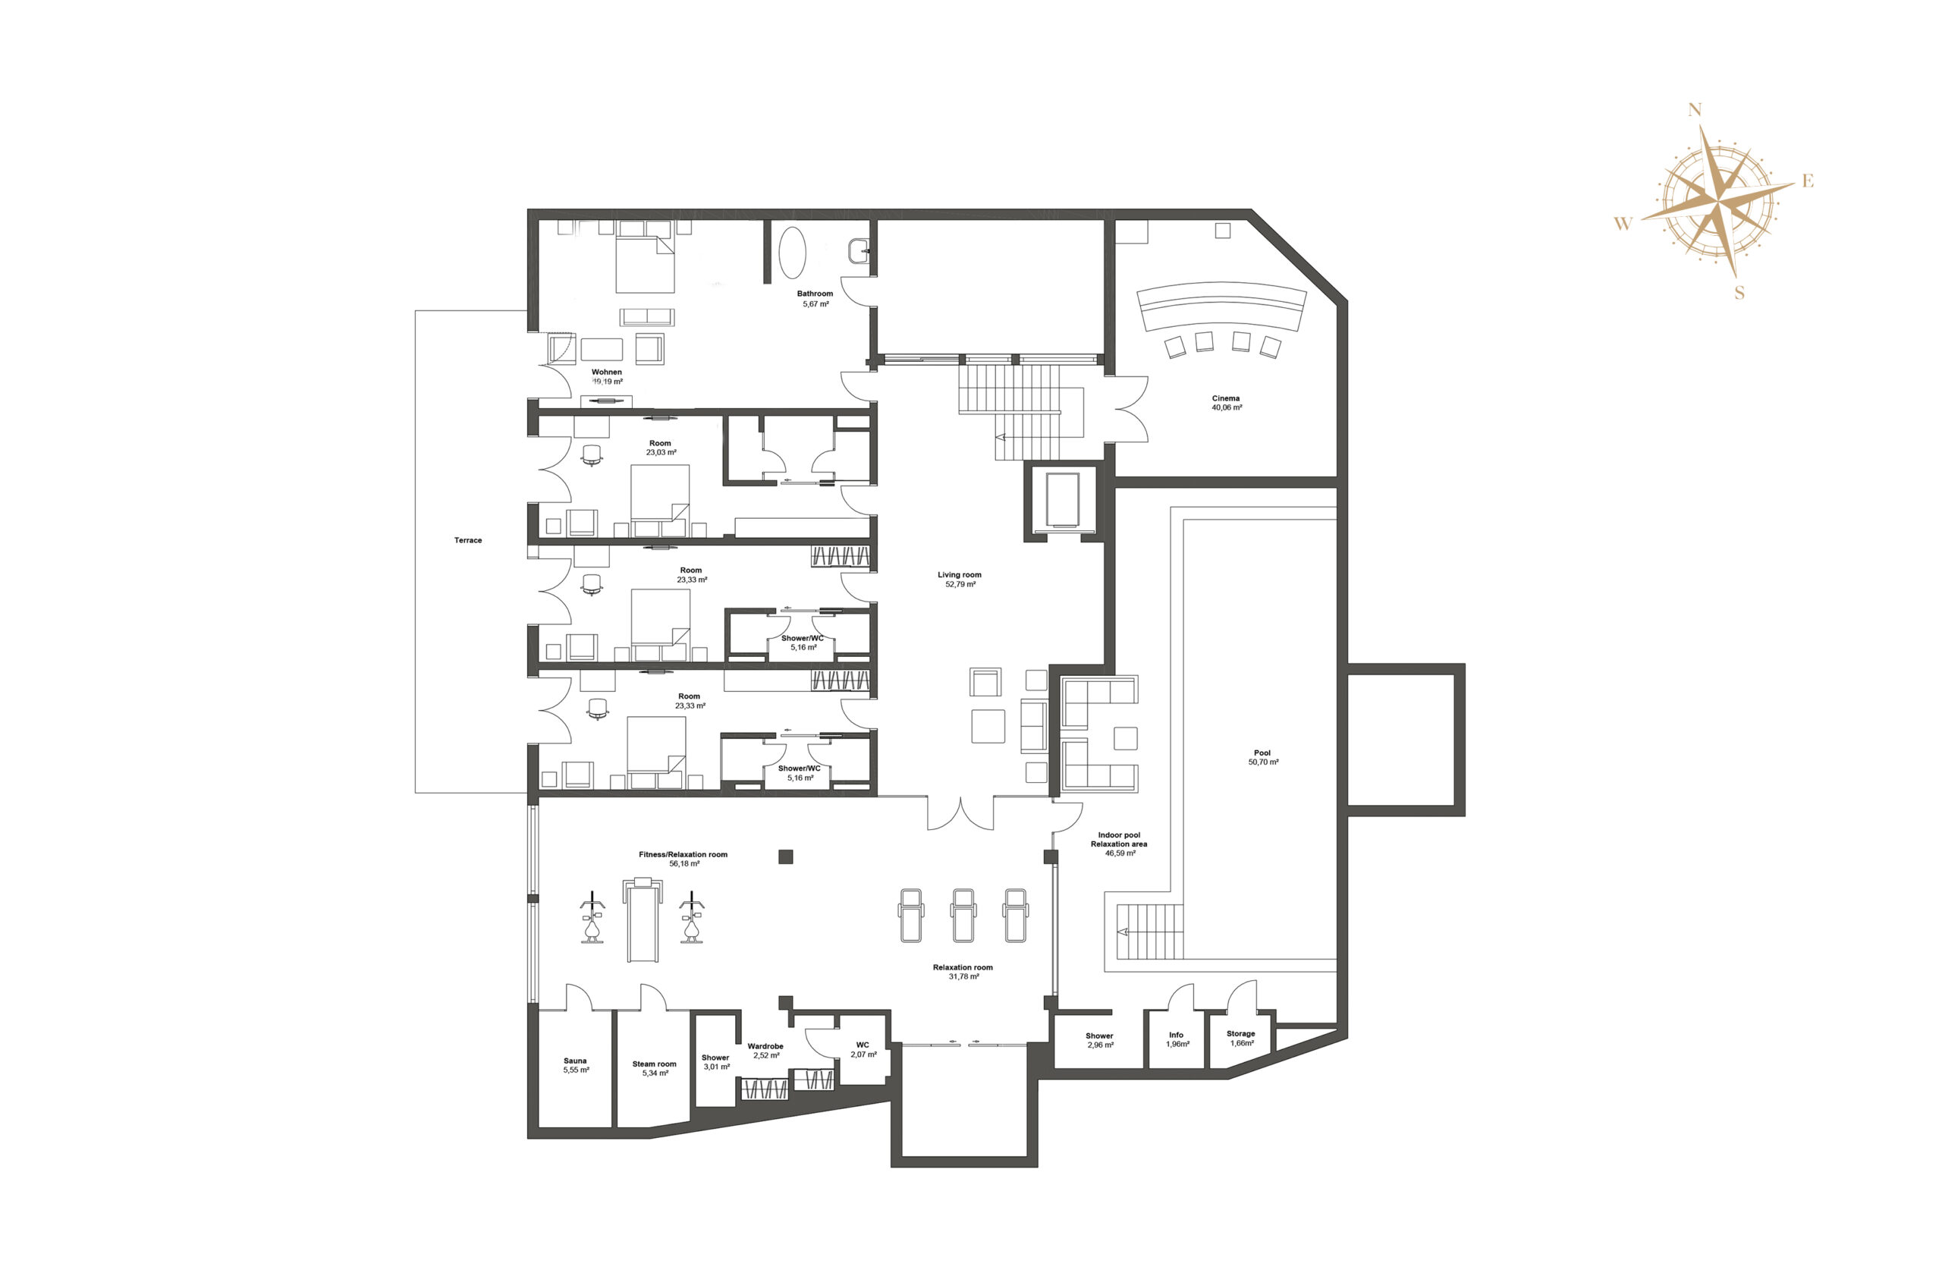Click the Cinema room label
click(1226, 398)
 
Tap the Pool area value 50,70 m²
click(1263, 762)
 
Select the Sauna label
click(575, 1061)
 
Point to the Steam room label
click(655, 1064)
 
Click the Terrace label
click(468, 540)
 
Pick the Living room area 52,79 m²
click(960, 584)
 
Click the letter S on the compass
click(1739, 293)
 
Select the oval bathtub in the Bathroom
click(791, 252)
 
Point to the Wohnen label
click(606, 372)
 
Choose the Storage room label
click(1240, 1034)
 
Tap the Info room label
click(1176, 1035)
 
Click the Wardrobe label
click(765, 1046)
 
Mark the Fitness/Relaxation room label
click(683, 854)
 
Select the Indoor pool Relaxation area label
click(1119, 840)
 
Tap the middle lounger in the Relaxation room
click(963, 915)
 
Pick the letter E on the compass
click(1808, 182)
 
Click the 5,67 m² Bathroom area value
click(815, 303)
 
